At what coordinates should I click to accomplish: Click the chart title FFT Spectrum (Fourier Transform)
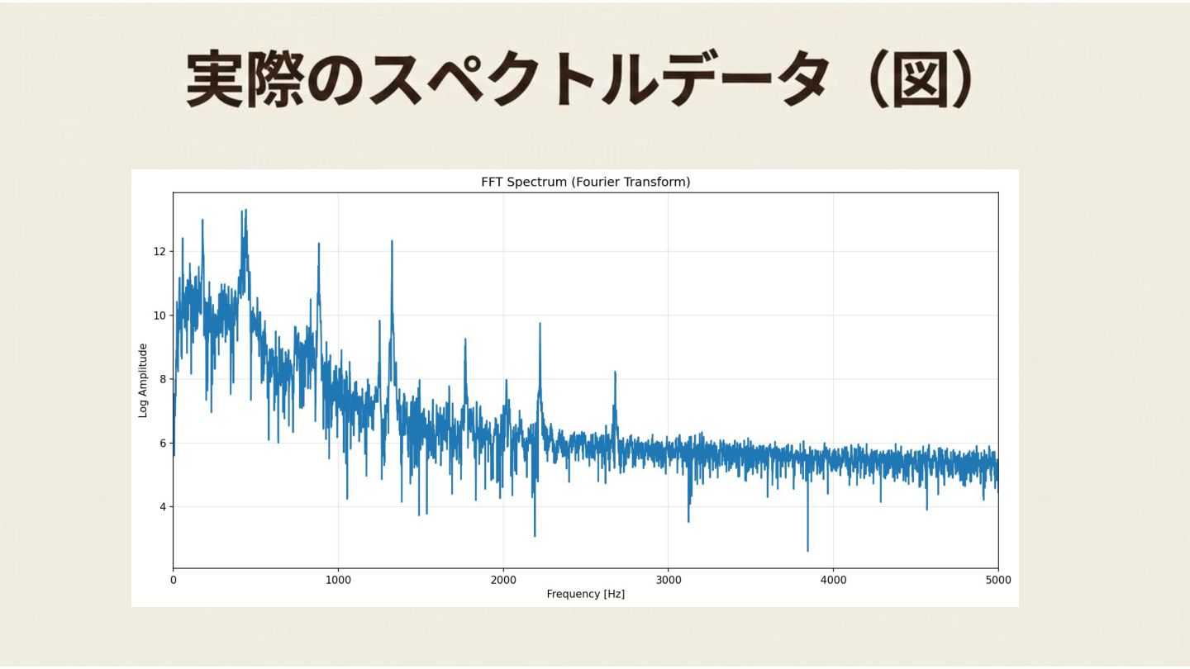585,182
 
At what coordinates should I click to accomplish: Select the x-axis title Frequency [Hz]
585,594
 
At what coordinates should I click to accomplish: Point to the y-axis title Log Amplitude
143,381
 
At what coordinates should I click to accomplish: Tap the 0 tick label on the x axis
173,580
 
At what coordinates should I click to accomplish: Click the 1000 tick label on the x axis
338,580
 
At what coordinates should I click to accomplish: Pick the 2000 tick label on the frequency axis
502,580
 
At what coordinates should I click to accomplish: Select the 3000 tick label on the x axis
668,580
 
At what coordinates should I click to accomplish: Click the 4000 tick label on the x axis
833,580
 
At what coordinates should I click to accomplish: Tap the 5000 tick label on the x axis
997,580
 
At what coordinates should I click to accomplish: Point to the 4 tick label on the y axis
162,506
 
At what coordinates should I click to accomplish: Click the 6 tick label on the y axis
162,443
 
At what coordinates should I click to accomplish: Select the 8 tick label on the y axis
162,379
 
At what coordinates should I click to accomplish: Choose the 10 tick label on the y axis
159,316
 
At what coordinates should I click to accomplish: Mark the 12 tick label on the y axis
159,251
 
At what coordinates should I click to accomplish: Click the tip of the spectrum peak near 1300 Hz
392,241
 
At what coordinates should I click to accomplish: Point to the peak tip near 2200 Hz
540,323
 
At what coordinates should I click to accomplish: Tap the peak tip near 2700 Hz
615,372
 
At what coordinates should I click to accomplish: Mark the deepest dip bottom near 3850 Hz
807,551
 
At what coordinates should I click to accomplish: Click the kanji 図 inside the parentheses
919,80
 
